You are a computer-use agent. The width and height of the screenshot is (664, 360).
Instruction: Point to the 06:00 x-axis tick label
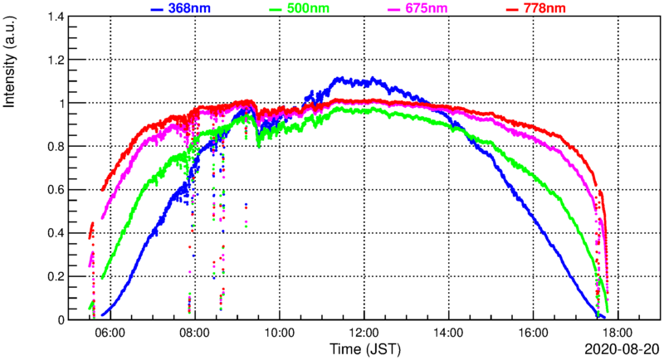click(x=110, y=333)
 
